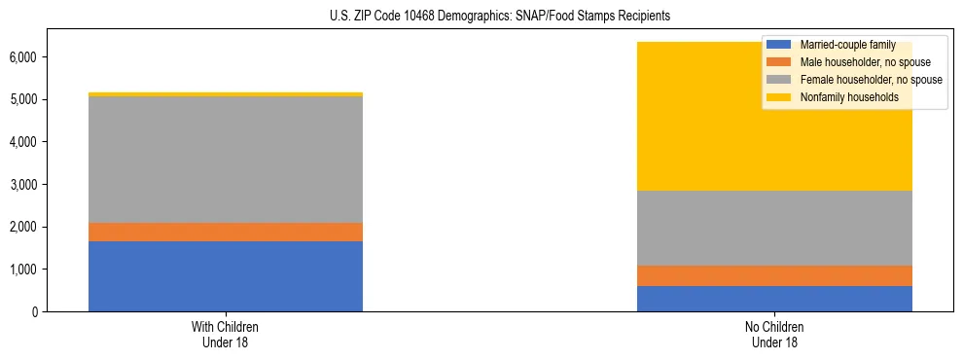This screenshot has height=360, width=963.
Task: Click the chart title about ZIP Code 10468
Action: [x=482, y=17]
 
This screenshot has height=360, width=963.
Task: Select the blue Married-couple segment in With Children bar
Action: [x=226, y=276]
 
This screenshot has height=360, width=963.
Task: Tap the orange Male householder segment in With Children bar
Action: [x=226, y=232]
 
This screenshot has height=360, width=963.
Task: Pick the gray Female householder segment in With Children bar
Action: [x=226, y=160]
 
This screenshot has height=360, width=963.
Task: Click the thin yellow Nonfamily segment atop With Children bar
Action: [x=226, y=94]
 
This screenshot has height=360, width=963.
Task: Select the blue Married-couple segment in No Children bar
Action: [x=774, y=299]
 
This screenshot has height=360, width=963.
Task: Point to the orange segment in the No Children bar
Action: [x=774, y=275]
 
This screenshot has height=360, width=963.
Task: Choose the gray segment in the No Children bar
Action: [x=774, y=228]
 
